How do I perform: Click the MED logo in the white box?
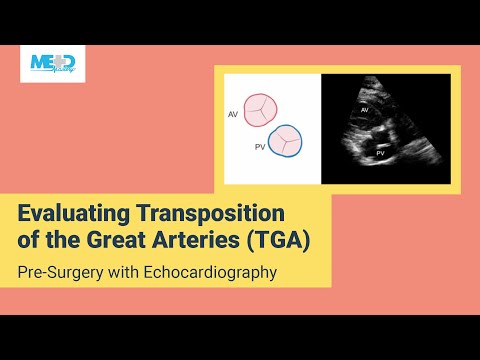(x=53, y=63)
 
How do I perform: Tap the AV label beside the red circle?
(x=234, y=114)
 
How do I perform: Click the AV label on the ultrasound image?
(x=364, y=107)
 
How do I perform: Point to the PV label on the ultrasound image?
(x=380, y=154)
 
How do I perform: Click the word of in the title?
(x=31, y=240)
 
